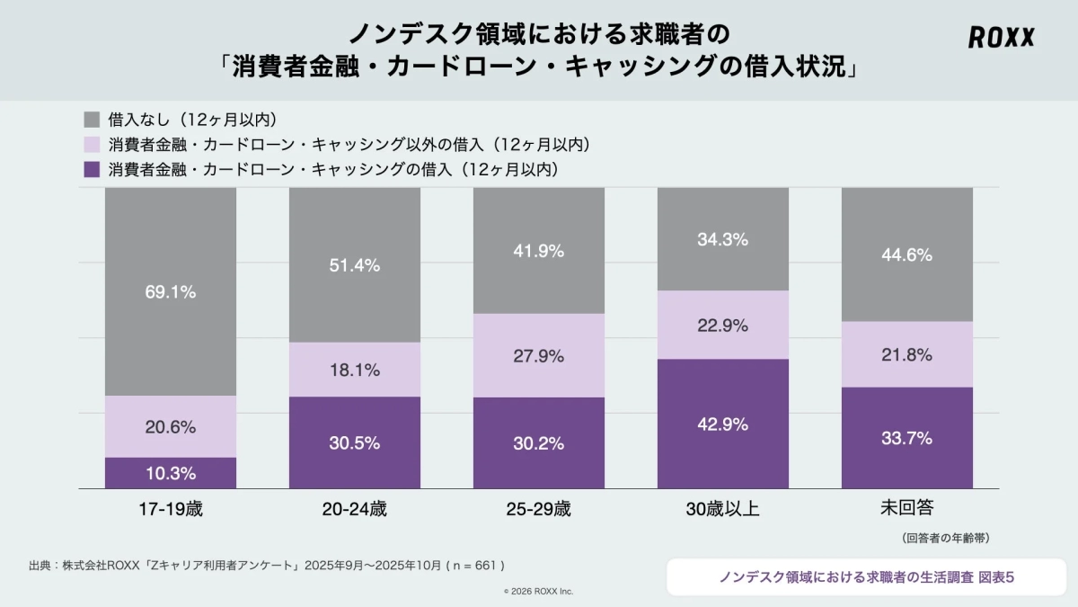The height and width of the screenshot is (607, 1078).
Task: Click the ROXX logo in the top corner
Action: coord(1001,38)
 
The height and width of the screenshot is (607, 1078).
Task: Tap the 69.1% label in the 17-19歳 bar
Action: coord(171,292)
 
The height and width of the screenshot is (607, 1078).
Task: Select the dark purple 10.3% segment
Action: coord(171,473)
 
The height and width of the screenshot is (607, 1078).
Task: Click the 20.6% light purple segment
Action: coord(171,427)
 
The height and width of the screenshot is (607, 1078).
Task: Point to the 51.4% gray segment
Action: coord(355,265)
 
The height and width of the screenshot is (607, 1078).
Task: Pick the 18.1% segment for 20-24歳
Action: coord(355,370)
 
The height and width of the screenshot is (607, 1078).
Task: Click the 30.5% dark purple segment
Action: coord(355,442)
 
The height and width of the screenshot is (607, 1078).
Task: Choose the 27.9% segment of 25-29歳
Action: coord(539,356)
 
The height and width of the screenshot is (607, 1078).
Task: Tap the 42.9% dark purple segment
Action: coord(723,424)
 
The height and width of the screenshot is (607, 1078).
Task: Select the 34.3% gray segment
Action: coord(723,240)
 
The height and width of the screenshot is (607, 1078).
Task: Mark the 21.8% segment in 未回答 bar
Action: coord(907,354)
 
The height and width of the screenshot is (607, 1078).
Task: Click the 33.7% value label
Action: coord(907,438)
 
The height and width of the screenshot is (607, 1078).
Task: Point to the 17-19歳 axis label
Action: coord(171,509)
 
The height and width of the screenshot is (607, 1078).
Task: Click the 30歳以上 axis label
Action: coord(723,509)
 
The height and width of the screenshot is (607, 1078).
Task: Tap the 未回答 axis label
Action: coord(907,508)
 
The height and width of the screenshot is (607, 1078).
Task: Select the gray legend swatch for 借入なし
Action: coord(91,119)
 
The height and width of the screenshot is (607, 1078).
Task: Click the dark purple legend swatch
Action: coord(91,169)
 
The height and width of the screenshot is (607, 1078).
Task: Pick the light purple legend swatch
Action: coord(91,144)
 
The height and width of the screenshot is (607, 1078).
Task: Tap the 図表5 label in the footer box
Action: coord(996,577)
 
